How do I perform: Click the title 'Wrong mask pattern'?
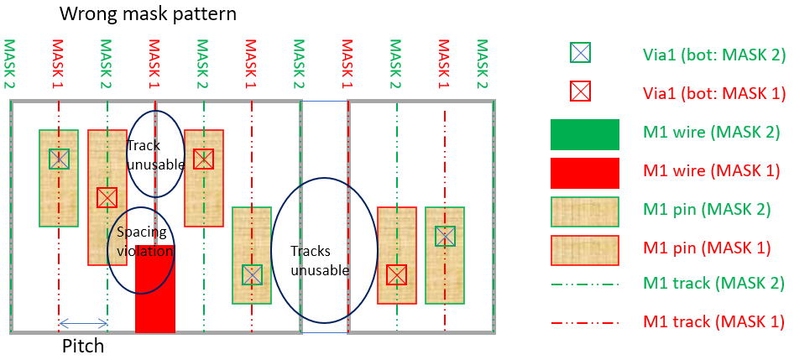[x=148, y=13]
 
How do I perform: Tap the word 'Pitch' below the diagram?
[x=83, y=347]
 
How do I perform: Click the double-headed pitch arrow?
[x=83, y=323]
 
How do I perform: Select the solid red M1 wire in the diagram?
[x=155, y=289]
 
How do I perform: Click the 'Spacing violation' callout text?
[x=142, y=242]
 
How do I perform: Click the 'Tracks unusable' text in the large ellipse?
[x=320, y=260]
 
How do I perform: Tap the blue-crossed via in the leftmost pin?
[x=59, y=159]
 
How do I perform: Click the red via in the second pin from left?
[x=107, y=197]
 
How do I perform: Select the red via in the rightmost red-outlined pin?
[x=396, y=275]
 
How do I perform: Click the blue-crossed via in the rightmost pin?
[x=445, y=236]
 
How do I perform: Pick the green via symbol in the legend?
[x=580, y=53]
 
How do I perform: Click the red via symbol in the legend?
[x=580, y=91]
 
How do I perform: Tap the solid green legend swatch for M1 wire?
[x=585, y=134]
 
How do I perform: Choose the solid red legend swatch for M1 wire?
[x=585, y=173]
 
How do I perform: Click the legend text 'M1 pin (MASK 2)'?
[x=707, y=210]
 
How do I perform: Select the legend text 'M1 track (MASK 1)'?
[x=713, y=321]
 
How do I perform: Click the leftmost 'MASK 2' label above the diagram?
[x=9, y=65]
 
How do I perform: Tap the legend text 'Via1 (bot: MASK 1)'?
[x=714, y=93]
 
